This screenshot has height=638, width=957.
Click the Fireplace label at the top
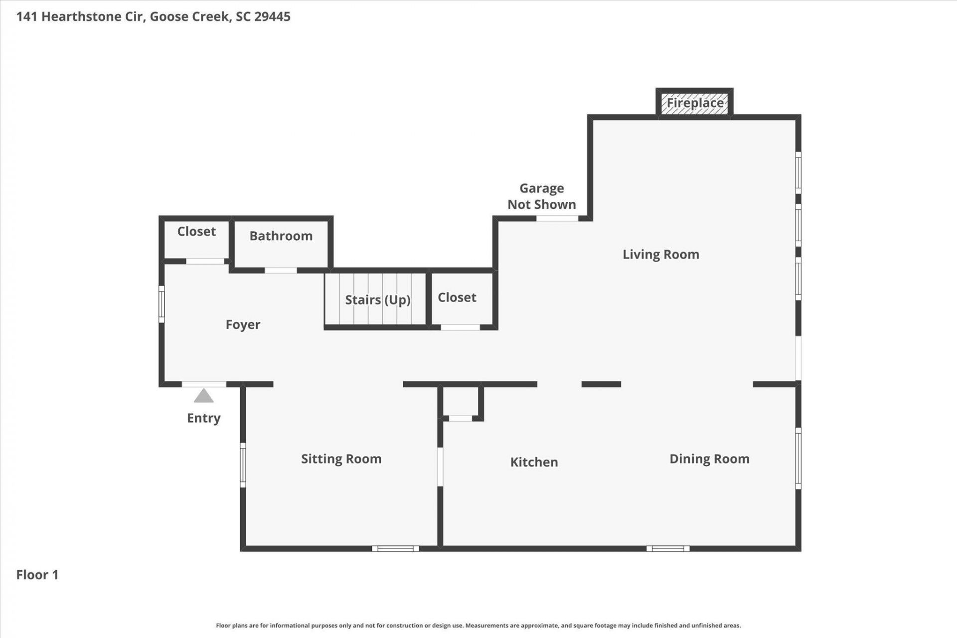695,103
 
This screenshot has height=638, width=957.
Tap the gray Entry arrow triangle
203,396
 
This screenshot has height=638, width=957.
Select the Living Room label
660,254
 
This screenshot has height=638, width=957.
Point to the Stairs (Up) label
378,300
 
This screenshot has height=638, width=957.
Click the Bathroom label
281,236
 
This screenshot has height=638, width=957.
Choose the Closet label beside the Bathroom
196,231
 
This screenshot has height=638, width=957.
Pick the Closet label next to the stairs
457,297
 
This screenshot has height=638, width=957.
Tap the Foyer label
243,324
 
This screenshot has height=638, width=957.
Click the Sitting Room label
341,459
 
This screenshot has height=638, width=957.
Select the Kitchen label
534,462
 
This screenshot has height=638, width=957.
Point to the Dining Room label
709,459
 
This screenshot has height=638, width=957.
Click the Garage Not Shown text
541,196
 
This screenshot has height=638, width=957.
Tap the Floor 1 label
37,575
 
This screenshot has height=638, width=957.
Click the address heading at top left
153,16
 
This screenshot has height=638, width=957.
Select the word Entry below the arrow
203,418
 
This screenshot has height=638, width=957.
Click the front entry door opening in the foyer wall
203,384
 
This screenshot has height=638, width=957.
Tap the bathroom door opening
281,271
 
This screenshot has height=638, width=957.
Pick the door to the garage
557,218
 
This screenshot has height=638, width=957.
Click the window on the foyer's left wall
161,304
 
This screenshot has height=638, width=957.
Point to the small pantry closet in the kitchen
461,402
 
